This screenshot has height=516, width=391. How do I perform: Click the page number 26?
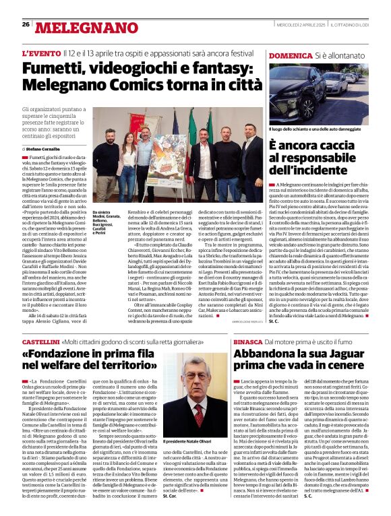pos(26,24)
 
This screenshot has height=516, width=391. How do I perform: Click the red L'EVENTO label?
pos(41,53)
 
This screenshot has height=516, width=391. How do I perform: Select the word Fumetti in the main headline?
pos(54,69)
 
